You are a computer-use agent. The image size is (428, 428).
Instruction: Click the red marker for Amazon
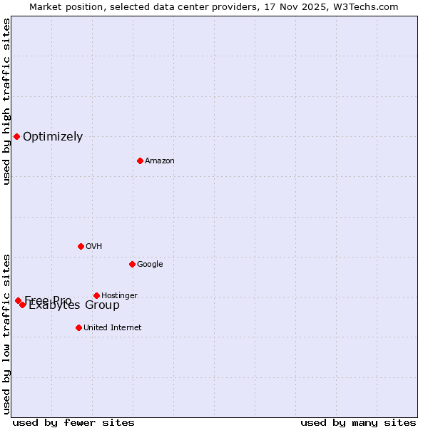[x=140, y=160]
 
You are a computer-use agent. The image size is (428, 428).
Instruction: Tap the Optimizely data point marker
[x=16, y=136]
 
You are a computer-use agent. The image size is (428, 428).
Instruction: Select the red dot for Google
[x=132, y=264]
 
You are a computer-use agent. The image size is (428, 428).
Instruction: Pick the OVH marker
[x=81, y=246]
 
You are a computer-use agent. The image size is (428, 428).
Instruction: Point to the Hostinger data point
[x=96, y=295]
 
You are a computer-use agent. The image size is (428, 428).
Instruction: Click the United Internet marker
[x=78, y=327]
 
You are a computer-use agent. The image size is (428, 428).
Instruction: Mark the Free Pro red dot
[x=18, y=300]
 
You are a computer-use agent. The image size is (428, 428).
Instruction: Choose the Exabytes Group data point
[x=23, y=305]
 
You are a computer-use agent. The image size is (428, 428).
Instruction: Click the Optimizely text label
[x=53, y=137]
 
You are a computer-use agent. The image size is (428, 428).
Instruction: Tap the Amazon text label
[x=160, y=161]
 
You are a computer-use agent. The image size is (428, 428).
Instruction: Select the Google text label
[x=150, y=265]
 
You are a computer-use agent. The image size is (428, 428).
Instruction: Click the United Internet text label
[x=113, y=328]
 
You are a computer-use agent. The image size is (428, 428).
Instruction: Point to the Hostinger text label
[x=119, y=295]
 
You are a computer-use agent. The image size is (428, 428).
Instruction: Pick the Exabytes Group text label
[x=74, y=306]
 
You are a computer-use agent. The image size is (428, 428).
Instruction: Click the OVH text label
[x=94, y=247]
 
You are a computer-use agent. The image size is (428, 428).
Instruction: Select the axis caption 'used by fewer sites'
[x=73, y=422]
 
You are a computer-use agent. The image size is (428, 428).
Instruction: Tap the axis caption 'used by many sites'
[x=358, y=422]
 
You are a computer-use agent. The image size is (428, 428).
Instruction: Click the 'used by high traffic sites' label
[x=7, y=102]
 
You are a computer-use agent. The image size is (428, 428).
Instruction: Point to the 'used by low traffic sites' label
[x=7, y=333]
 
